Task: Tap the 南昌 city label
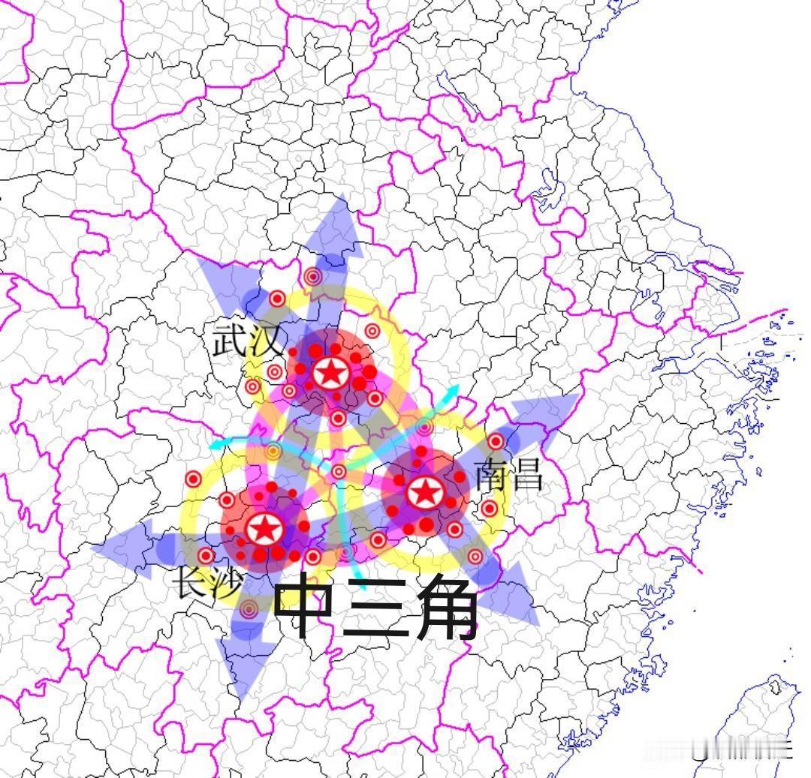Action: (509, 474)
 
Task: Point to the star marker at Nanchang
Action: (424, 493)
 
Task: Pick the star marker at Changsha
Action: (264, 529)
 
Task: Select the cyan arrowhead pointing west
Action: (213, 445)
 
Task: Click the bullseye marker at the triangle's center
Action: (339, 471)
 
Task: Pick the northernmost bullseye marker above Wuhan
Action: (313, 277)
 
